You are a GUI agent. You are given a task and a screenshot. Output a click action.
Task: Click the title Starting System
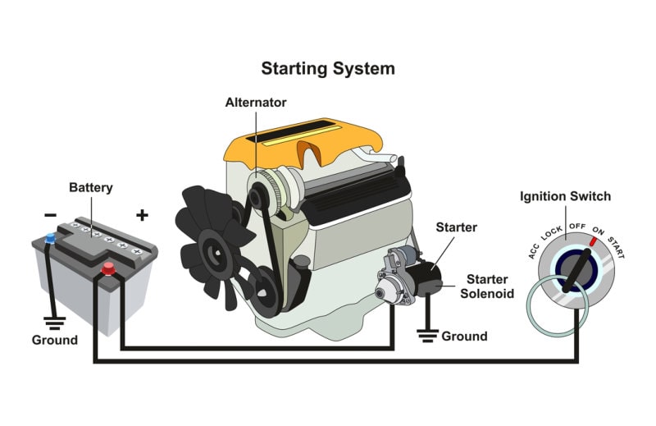tap(328, 68)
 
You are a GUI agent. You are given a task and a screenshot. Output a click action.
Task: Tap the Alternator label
tap(256, 103)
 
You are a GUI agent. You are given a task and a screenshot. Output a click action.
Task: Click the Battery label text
tap(91, 187)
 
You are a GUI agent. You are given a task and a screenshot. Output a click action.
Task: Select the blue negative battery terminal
tap(51, 238)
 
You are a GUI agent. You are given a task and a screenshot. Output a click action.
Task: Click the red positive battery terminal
tap(107, 268)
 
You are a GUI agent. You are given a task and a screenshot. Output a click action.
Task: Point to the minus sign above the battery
tap(51, 215)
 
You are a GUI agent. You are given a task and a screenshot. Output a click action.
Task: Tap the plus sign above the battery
tap(142, 215)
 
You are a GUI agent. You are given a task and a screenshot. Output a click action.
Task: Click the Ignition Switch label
tap(565, 197)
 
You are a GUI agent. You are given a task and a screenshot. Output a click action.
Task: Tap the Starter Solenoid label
tap(486, 286)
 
